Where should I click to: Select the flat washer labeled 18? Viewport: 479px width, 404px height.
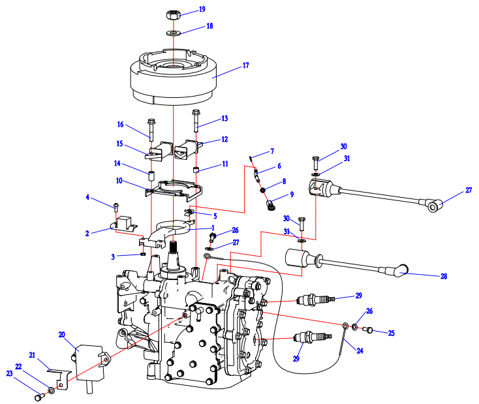(x=174, y=32)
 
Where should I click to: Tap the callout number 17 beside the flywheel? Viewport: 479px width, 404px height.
(x=245, y=66)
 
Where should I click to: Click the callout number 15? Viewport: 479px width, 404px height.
(x=119, y=144)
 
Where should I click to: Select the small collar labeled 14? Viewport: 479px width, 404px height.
(x=151, y=176)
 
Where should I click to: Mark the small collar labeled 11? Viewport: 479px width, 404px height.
(x=195, y=171)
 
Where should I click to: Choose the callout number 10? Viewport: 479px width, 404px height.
(x=119, y=179)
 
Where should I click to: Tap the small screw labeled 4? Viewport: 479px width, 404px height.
(x=116, y=208)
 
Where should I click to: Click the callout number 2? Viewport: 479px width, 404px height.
(x=87, y=232)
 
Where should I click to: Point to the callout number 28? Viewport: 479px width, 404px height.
(x=443, y=277)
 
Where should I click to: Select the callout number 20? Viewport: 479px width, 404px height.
(x=62, y=335)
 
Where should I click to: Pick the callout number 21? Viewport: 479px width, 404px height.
(x=31, y=354)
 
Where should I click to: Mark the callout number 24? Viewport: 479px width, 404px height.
(x=359, y=350)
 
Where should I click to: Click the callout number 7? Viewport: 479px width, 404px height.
(x=272, y=151)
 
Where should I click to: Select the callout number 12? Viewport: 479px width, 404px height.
(x=224, y=139)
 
